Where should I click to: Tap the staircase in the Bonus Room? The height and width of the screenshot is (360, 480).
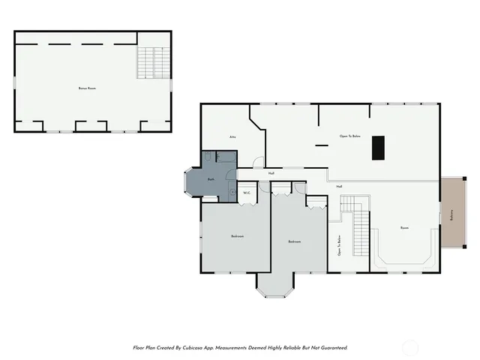pyautogui.click(x=152, y=61)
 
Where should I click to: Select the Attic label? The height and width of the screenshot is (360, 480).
pyautogui.click(x=232, y=137)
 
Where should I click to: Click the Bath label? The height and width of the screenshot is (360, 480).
pyautogui.click(x=211, y=180)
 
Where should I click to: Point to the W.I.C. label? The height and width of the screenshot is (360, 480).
pyautogui.click(x=247, y=193)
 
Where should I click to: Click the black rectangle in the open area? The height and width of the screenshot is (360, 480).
pyautogui.click(x=379, y=146)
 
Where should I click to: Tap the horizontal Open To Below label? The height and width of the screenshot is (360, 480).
pyautogui.click(x=349, y=136)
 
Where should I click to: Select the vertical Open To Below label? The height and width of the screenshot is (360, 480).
pyautogui.click(x=339, y=245)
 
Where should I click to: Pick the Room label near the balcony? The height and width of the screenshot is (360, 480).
pyautogui.click(x=404, y=228)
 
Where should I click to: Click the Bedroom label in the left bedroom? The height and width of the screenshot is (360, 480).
pyautogui.click(x=237, y=236)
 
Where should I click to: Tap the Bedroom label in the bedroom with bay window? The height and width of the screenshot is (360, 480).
pyautogui.click(x=294, y=241)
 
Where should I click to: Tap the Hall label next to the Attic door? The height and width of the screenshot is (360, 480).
pyautogui.click(x=271, y=173)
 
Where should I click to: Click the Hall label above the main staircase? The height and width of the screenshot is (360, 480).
pyautogui.click(x=339, y=186)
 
